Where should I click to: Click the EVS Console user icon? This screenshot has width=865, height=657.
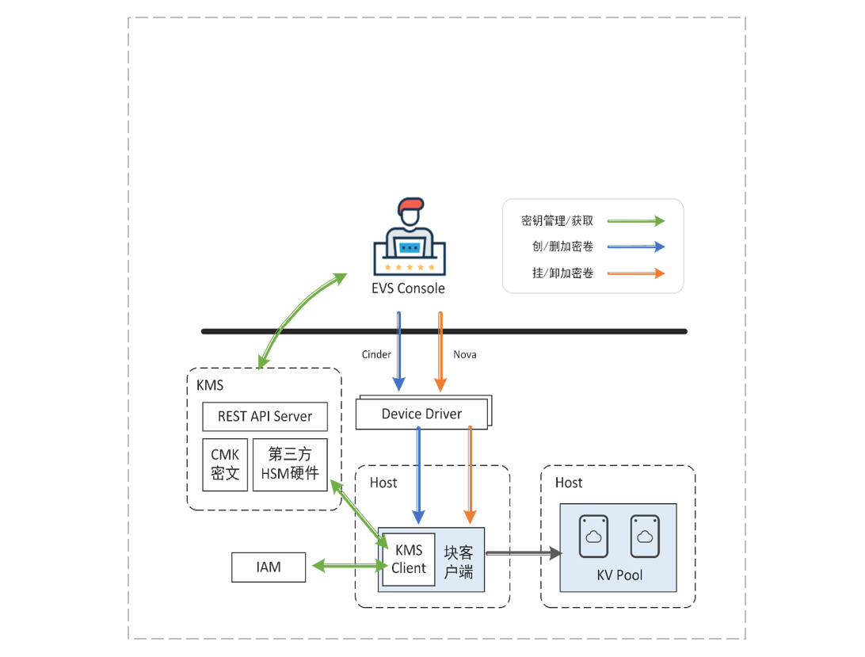tap(408, 237)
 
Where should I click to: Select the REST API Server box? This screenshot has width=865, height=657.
tap(265, 416)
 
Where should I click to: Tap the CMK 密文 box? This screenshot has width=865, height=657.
tap(225, 464)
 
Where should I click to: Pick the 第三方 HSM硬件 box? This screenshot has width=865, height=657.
tap(290, 464)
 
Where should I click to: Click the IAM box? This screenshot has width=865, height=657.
tap(269, 567)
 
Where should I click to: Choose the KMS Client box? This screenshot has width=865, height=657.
tap(409, 560)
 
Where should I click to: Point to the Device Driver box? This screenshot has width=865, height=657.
tap(421, 414)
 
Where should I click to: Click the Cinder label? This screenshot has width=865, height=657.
tap(376, 354)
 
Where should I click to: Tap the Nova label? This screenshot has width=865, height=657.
tap(465, 354)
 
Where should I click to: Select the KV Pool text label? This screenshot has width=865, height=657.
tap(619, 575)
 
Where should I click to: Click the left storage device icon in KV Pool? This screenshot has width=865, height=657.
tap(593, 537)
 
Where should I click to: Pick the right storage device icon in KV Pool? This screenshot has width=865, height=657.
tap(645, 537)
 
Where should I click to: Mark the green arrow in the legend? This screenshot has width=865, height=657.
tap(636, 220)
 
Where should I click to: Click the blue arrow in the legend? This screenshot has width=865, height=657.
tap(636, 246)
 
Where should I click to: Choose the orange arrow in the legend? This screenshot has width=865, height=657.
tap(636, 273)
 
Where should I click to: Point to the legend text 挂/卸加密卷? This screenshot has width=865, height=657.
tap(562, 273)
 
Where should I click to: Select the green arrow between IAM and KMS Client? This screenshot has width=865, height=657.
tap(347, 566)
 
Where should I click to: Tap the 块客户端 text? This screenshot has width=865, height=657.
tap(459, 561)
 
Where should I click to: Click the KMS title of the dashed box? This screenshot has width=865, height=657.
tap(210, 386)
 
